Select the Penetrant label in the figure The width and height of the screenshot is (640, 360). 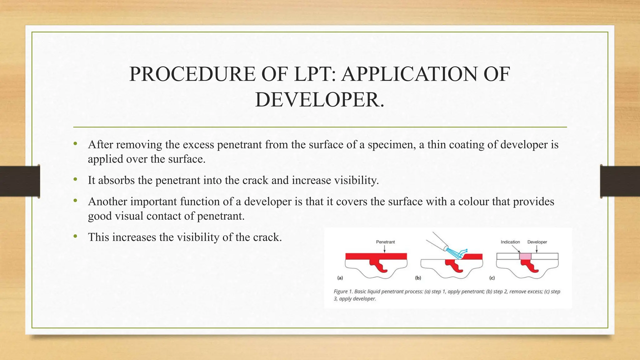coord(385,242)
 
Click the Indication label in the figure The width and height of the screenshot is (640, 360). coord(510,242)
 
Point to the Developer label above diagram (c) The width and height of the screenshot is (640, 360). coord(537,242)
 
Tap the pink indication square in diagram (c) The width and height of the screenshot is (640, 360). coord(525,256)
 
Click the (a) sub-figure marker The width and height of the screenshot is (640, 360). coord(340,277)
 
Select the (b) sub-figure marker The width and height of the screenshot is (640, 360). coord(418,277)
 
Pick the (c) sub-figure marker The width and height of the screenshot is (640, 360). coord(492,277)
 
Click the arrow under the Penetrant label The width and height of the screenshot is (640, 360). coord(384,249)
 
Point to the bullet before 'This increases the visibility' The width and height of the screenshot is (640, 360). coord(75,237)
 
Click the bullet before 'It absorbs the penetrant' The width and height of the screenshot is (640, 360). coord(75,180)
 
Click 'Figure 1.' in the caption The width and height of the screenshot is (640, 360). coord(343,292)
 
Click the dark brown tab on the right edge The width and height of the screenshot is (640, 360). coord(620,181)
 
